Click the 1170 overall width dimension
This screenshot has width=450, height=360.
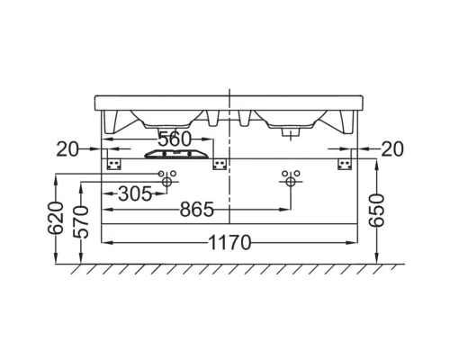(230, 242)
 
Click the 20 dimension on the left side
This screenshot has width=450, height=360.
(67, 148)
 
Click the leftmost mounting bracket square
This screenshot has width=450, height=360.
(113, 161)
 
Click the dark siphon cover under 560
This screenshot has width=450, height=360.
(175, 154)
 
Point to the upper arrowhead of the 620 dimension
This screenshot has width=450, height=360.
(57, 174)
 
